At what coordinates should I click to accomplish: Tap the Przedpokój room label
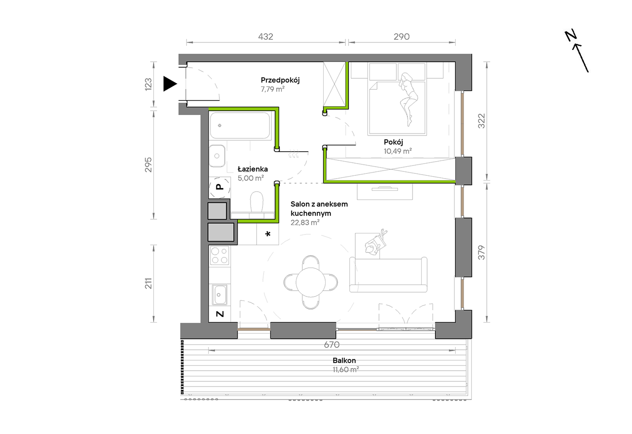point(280,80)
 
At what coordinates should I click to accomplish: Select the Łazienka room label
point(252,169)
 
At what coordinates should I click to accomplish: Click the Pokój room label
point(393,142)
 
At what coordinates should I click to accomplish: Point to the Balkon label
point(344,361)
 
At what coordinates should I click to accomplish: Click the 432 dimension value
point(265,37)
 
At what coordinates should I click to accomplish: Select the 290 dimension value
point(401,37)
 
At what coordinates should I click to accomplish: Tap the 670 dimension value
point(332,345)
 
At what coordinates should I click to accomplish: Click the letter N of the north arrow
point(571,36)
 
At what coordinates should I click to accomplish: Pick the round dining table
point(311,282)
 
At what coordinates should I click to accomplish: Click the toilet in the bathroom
point(256,203)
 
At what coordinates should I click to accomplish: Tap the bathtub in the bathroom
point(240,126)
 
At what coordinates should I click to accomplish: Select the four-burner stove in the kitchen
point(220,256)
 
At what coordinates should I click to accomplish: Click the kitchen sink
point(220,295)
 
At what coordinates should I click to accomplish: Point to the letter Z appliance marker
point(220,314)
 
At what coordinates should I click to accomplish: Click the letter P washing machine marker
point(220,187)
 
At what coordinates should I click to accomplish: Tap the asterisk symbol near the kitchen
point(268,234)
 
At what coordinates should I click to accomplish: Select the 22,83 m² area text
point(305,223)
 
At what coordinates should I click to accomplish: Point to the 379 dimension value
point(481,253)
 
